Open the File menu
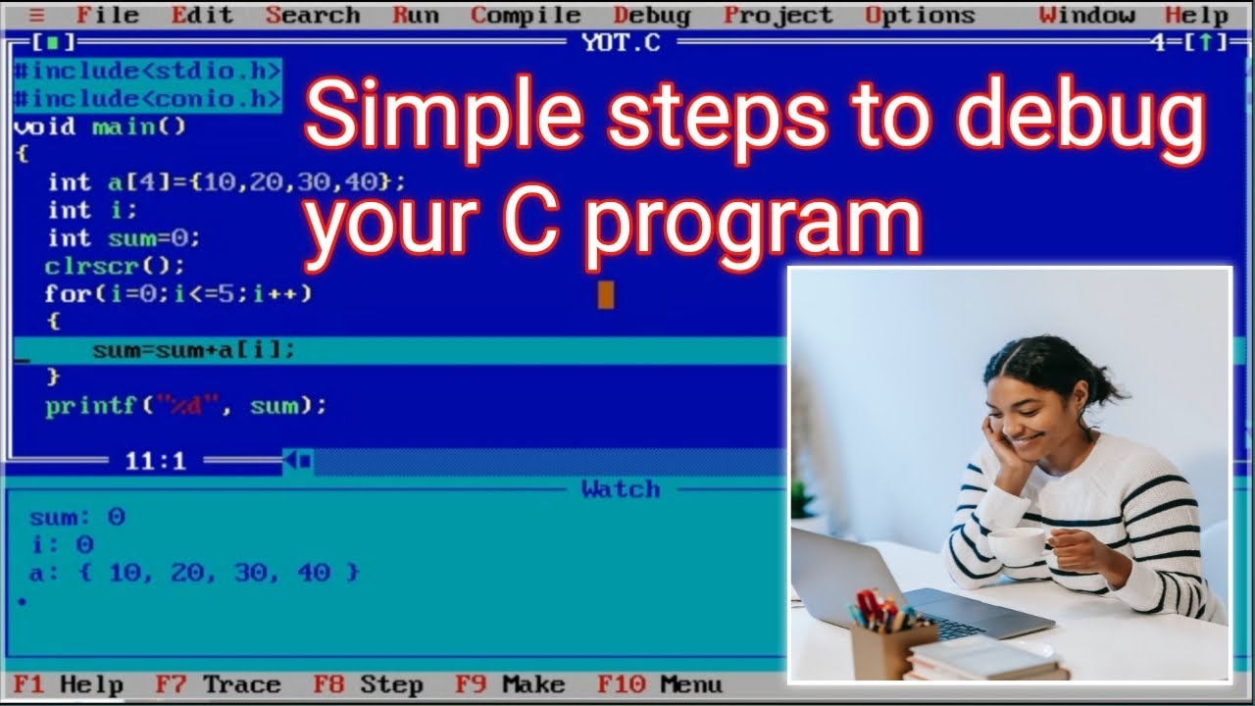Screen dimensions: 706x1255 pyautogui.click(x=108, y=15)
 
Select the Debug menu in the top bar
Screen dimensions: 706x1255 pyautogui.click(x=652, y=15)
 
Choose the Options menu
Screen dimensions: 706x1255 pyautogui.click(x=920, y=15)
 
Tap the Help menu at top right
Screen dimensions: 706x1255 pyautogui.click(x=1196, y=15)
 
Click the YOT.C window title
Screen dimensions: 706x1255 pyautogui.click(x=622, y=43)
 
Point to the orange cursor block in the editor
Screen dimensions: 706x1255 pyautogui.click(x=606, y=294)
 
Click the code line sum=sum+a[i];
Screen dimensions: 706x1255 pyautogui.click(x=193, y=350)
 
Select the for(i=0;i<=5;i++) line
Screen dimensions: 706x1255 pyautogui.click(x=177, y=293)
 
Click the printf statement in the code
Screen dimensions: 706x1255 pyautogui.click(x=185, y=406)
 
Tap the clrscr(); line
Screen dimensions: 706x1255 pyautogui.click(x=114, y=266)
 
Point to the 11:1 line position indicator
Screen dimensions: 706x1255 pyautogui.click(x=155, y=461)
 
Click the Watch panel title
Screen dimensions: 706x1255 pyautogui.click(x=621, y=489)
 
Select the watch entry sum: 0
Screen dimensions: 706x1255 pyautogui.click(x=77, y=518)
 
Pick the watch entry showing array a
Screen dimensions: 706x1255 pyautogui.click(x=194, y=573)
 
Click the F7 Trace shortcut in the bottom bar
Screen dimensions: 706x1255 pyautogui.click(x=218, y=684)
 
